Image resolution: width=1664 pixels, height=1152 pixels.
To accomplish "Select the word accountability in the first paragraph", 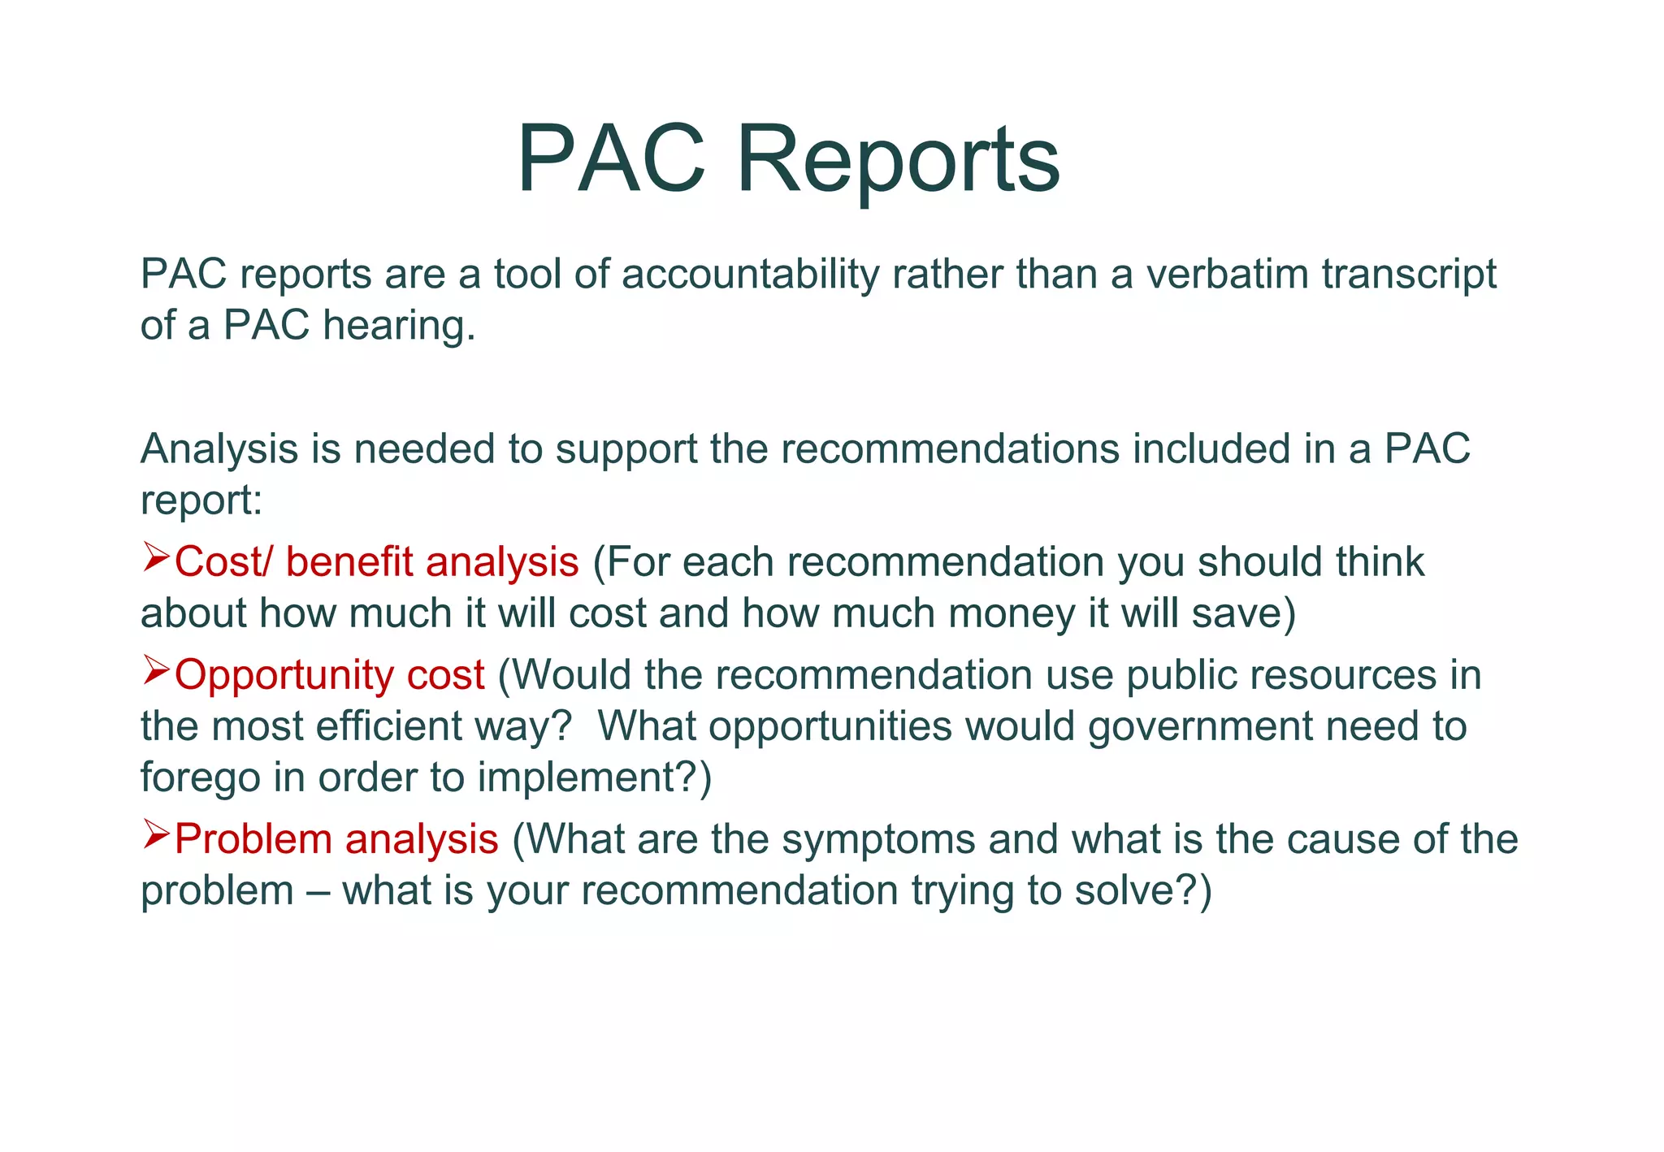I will click(750, 274).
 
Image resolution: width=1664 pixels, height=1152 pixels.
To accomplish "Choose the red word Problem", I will click(253, 839).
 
